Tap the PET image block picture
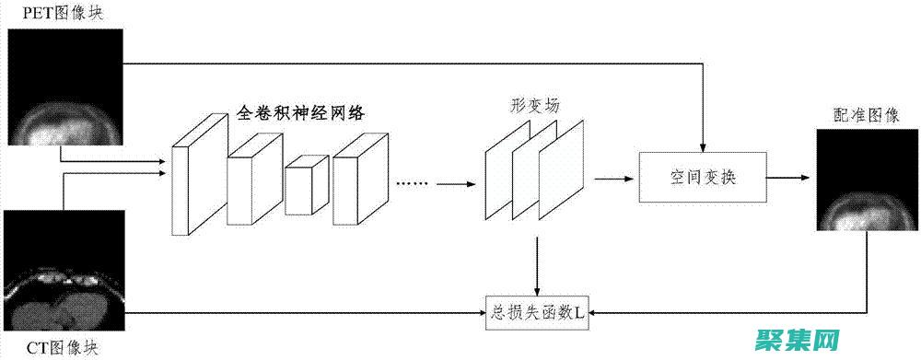click(x=65, y=87)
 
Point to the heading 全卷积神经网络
click(x=301, y=113)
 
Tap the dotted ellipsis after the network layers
click(x=413, y=183)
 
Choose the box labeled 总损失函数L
click(x=536, y=313)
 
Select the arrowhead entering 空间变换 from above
click(x=702, y=147)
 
